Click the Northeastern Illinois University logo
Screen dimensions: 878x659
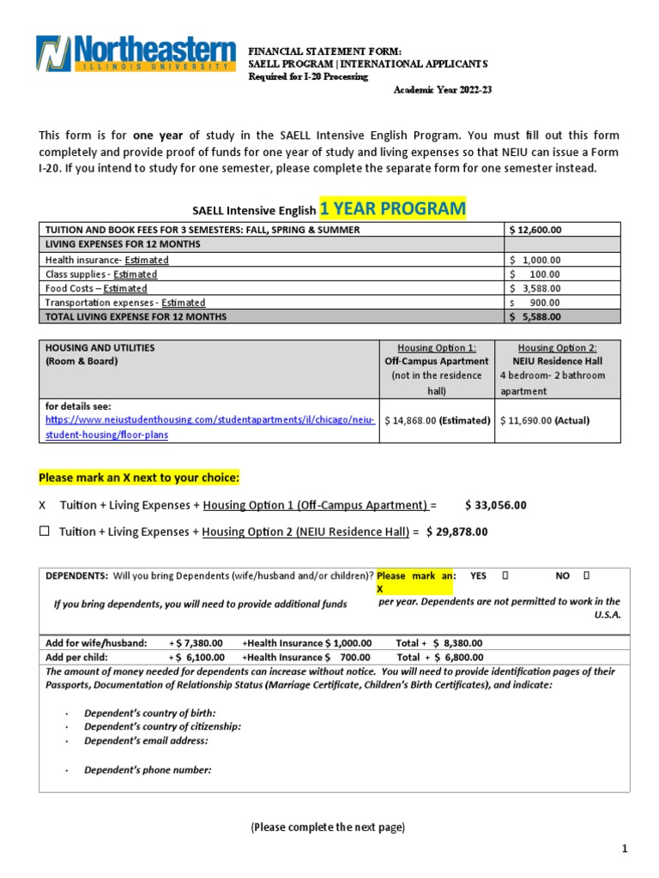(x=136, y=53)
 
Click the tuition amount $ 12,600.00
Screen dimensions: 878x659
(x=535, y=230)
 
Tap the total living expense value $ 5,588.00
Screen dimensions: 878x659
(x=535, y=316)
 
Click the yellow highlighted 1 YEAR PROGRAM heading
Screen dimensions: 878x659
(x=392, y=208)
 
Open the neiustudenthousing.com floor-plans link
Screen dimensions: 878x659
(x=209, y=420)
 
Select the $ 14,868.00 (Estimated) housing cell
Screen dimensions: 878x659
(x=437, y=420)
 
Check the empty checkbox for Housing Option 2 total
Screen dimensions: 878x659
(x=45, y=532)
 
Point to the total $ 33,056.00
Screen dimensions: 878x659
(x=495, y=505)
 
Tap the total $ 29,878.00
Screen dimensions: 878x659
(x=456, y=532)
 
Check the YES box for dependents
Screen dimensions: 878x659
(x=505, y=576)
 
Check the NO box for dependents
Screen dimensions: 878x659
(x=587, y=576)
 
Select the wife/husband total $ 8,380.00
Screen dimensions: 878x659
(x=458, y=643)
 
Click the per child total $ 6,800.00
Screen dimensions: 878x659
(x=458, y=658)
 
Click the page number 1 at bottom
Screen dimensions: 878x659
(x=626, y=849)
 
